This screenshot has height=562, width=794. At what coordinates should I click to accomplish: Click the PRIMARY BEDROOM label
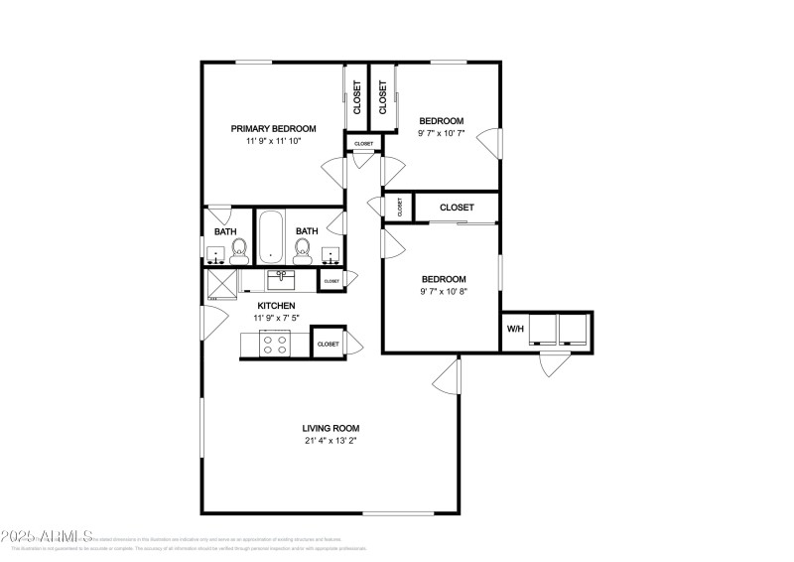(x=273, y=128)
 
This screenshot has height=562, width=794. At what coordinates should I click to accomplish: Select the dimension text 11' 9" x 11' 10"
(x=273, y=142)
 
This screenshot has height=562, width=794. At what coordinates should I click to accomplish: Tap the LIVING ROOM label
(x=331, y=428)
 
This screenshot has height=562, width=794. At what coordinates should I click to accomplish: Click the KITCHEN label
(x=276, y=305)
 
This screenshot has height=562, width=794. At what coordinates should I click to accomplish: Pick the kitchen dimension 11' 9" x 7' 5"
(x=276, y=318)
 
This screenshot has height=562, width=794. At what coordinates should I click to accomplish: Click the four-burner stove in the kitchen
(x=274, y=344)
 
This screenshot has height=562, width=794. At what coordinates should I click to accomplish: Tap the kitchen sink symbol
(x=281, y=276)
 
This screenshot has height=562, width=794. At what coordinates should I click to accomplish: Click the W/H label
(x=515, y=329)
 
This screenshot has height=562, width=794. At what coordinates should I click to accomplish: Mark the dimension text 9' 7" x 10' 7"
(x=441, y=133)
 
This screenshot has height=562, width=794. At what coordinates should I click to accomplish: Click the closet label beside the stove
(x=328, y=344)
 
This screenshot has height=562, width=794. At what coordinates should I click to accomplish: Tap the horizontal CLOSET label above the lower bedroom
(x=456, y=208)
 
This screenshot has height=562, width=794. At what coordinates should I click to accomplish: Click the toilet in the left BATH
(x=237, y=256)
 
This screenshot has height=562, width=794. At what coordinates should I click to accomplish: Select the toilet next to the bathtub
(x=303, y=253)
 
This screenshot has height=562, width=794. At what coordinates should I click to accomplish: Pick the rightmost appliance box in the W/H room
(x=573, y=330)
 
